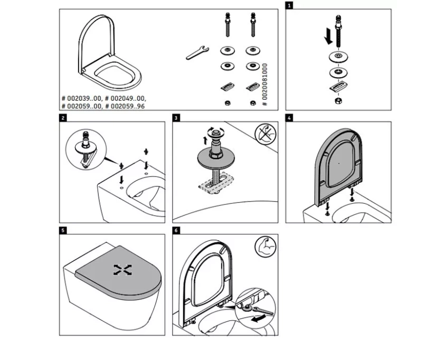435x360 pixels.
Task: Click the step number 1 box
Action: (289, 5)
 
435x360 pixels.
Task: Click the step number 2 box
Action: (63, 118)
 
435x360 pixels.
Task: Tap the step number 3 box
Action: (176, 118)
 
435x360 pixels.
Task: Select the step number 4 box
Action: (289, 118)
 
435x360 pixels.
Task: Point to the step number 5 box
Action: (63, 231)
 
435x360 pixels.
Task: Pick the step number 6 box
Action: (176, 231)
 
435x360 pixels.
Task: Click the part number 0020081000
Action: (265, 81)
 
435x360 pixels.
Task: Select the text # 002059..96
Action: (126, 106)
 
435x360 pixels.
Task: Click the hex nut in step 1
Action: (337, 99)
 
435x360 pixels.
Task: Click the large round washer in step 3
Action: (214, 157)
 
